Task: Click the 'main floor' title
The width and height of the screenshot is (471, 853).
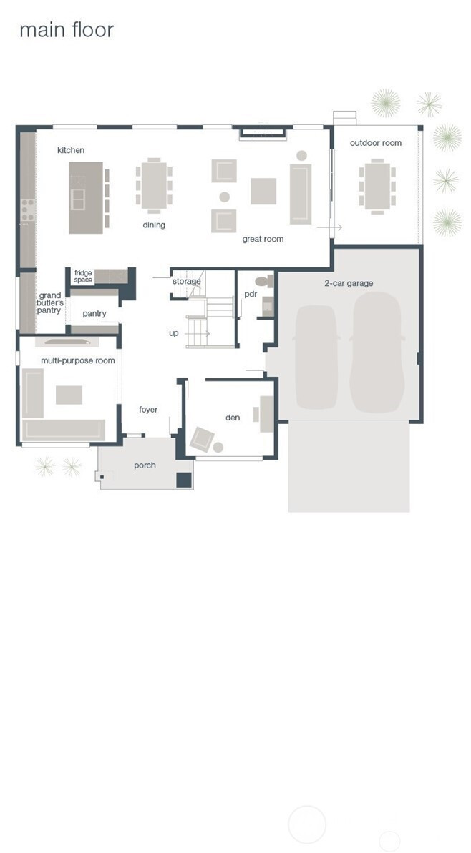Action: click(67, 30)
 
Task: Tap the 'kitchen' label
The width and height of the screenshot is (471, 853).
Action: click(71, 150)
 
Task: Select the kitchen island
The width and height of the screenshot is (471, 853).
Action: click(86, 197)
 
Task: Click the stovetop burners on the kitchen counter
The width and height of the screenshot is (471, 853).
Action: click(28, 210)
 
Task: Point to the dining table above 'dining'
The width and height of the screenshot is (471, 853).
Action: click(154, 185)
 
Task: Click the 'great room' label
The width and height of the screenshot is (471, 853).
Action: click(263, 239)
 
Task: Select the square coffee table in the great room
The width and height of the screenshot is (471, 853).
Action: click(263, 192)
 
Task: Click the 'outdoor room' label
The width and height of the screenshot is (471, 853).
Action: click(376, 143)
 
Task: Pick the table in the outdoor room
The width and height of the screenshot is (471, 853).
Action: click(377, 186)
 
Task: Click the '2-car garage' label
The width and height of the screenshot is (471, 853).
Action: click(349, 283)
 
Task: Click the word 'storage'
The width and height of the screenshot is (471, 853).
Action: click(187, 281)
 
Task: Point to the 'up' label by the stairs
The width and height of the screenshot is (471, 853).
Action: click(174, 333)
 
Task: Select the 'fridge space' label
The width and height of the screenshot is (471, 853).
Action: click(83, 277)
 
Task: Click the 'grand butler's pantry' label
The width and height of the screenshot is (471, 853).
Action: click(50, 303)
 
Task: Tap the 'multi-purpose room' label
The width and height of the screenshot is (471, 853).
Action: click(78, 360)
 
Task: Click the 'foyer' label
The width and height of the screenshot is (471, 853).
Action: click(148, 410)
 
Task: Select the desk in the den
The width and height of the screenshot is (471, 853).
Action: click(267, 414)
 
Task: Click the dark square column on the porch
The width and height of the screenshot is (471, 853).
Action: click(184, 480)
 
